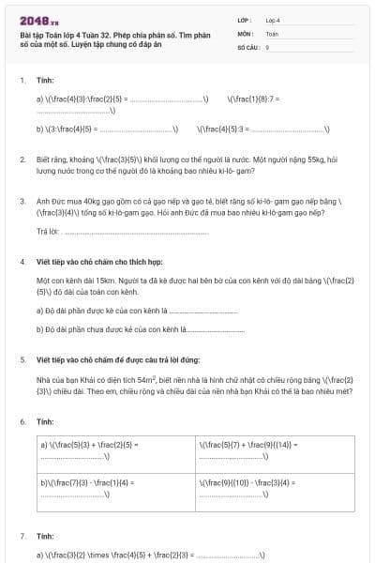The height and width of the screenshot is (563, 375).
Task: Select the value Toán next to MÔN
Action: (x=272, y=33)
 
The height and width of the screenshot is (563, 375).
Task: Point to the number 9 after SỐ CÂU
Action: (x=267, y=46)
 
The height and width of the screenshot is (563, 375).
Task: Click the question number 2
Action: (x=22, y=160)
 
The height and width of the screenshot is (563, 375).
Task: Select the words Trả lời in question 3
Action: (x=47, y=231)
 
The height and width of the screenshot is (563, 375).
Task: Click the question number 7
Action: (x=22, y=536)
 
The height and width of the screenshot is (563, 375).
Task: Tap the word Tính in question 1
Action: (x=45, y=81)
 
